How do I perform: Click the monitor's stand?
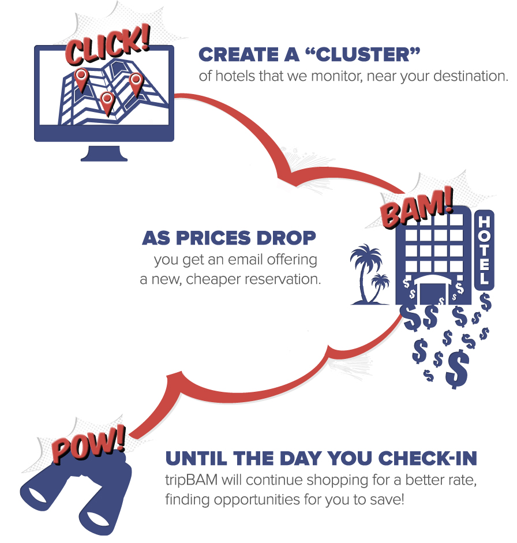(x=104, y=153)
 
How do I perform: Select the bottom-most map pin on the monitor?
(x=106, y=102)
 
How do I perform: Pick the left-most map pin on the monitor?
(x=81, y=78)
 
